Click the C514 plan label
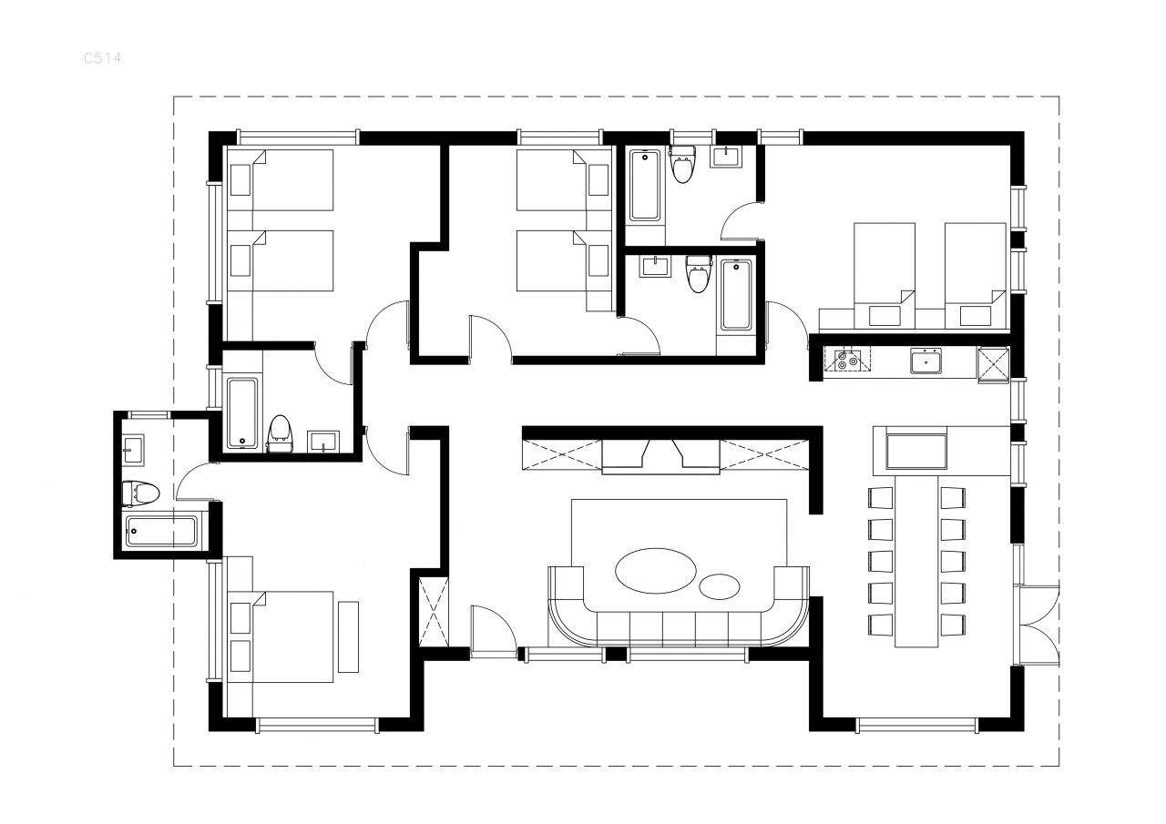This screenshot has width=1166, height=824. (x=103, y=57)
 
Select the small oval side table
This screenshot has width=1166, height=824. (x=719, y=586)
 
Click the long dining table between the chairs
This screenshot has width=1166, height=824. (x=916, y=561)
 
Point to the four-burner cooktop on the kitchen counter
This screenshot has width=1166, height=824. (x=847, y=361)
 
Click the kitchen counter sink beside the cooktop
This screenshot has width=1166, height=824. (x=926, y=361)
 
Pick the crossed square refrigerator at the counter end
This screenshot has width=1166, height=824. (x=993, y=365)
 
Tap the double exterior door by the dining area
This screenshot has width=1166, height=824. (x=1038, y=626)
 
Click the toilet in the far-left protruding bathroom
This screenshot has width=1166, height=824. (x=140, y=493)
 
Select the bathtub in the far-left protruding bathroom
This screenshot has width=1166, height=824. (x=161, y=531)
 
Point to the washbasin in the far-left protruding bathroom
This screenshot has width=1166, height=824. (x=133, y=450)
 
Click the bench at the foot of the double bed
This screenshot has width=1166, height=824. (x=348, y=636)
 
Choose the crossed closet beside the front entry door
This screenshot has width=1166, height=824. (x=434, y=612)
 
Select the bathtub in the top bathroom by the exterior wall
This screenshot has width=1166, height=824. (x=645, y=185)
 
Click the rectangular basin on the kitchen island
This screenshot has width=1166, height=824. (x=916, y=452)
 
